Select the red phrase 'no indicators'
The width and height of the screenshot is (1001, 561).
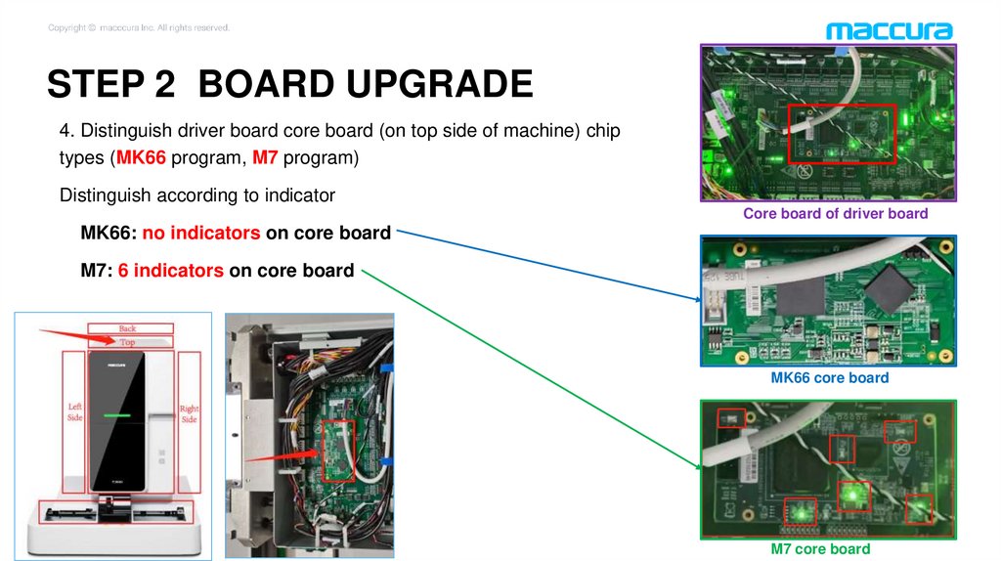201,234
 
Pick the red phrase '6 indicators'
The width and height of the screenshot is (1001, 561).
170,271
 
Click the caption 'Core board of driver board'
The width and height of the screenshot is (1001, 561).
835,213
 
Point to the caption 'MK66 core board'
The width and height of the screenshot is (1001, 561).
830,377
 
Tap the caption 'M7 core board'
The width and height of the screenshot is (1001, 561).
820,548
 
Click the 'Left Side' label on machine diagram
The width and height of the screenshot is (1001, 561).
74,411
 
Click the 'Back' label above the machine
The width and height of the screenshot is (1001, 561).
128,328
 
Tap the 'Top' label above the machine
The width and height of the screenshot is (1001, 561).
128,342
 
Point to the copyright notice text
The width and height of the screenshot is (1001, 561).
139,27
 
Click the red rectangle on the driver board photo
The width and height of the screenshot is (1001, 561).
841,133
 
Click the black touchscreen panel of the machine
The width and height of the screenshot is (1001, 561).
115,421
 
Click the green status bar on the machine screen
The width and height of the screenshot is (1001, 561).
115,414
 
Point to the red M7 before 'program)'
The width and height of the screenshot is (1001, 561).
267,159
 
